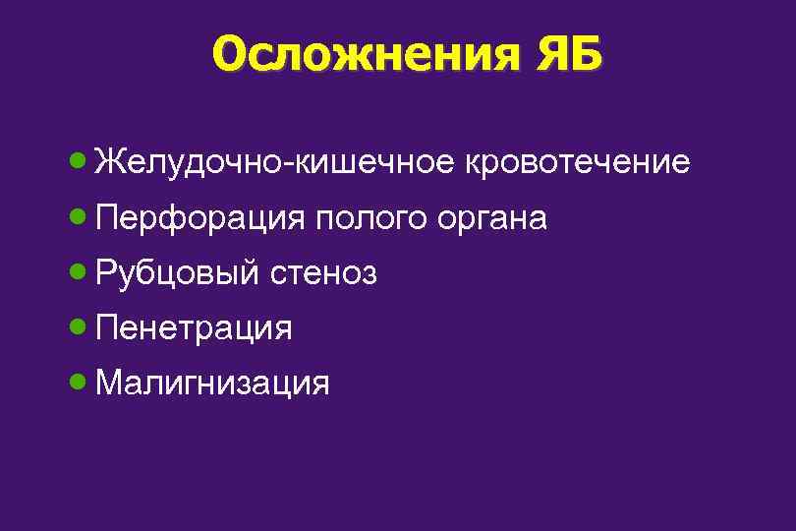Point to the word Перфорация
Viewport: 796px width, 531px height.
pos(201,217)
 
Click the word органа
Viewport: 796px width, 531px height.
pos(487,217)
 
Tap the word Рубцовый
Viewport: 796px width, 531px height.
pos(179,272)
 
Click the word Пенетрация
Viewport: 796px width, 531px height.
pos(195,327)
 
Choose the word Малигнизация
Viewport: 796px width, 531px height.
pos(213,383)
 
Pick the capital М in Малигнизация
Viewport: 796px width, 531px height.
pos(110,382)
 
